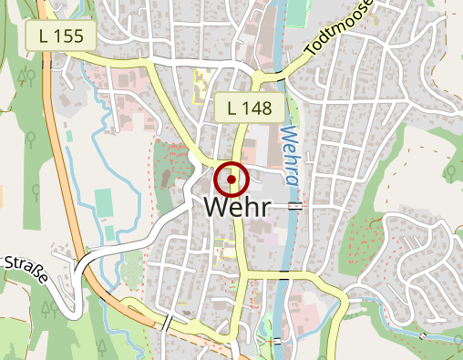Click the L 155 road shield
(63, 36)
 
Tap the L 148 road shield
(249, 108)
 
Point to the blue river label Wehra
(290, 156)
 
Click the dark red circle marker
(232, 180)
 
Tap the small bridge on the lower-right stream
(423, 336)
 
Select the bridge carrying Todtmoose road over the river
(282, 70)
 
